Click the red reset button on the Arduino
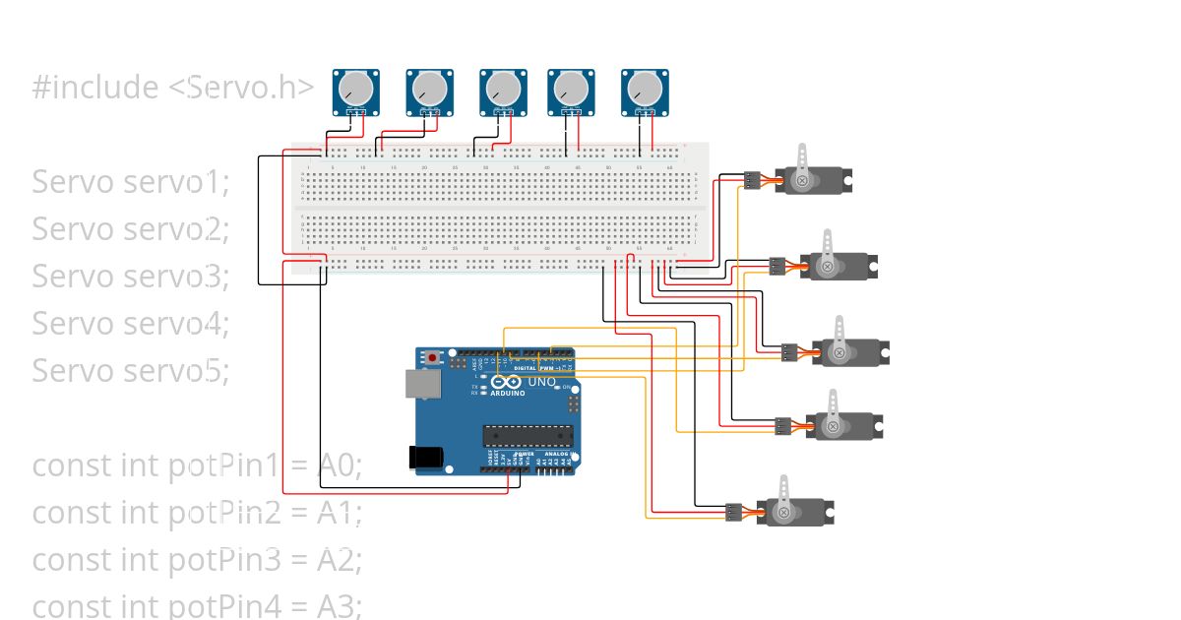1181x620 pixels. click(432, 356)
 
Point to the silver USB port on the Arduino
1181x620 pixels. click(422, 385)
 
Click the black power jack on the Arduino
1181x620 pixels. click(424, 456)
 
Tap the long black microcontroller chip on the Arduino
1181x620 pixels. click(527, 435)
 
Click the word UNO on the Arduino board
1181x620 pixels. click(542, 382)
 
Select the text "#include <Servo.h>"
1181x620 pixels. click(173, 88)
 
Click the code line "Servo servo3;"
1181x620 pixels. click(130, 277)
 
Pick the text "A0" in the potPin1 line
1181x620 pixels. click(340, 465)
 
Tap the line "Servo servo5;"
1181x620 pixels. click(130, 371)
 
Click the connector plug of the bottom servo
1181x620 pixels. click(733, 512)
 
